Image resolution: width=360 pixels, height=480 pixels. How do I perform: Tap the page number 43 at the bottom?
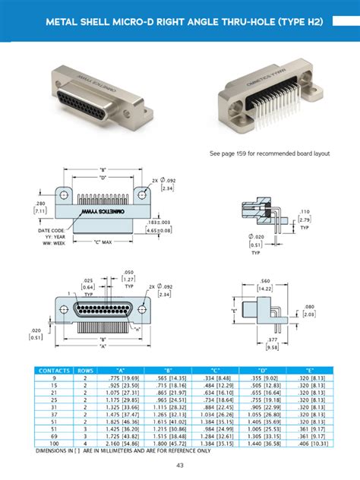point(180,465)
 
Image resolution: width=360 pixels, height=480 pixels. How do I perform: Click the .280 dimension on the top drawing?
point(41,204)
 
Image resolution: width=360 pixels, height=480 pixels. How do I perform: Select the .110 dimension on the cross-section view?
point(304,210)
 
